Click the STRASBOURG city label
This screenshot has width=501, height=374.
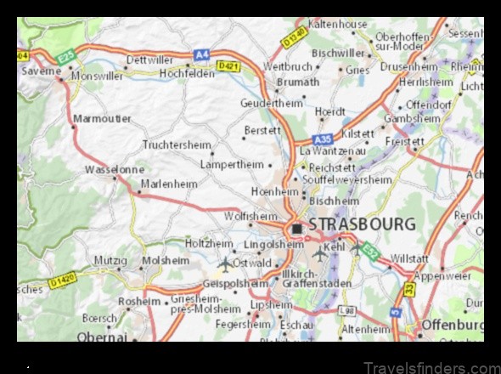coord(362,225)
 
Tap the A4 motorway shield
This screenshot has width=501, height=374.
coord(201,54)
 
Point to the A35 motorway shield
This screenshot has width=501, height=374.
coord(322,139)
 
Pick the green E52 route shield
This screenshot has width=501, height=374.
coord(369,251)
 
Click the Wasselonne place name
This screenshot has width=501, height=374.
coord(114,169)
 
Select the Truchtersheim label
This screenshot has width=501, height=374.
coord(177,145)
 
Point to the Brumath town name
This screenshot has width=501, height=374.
coord(299,82)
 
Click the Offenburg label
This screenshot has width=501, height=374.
coord(453,326)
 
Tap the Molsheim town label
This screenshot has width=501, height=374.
coord(165,260)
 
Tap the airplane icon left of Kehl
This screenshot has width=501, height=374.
coord(319,252)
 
